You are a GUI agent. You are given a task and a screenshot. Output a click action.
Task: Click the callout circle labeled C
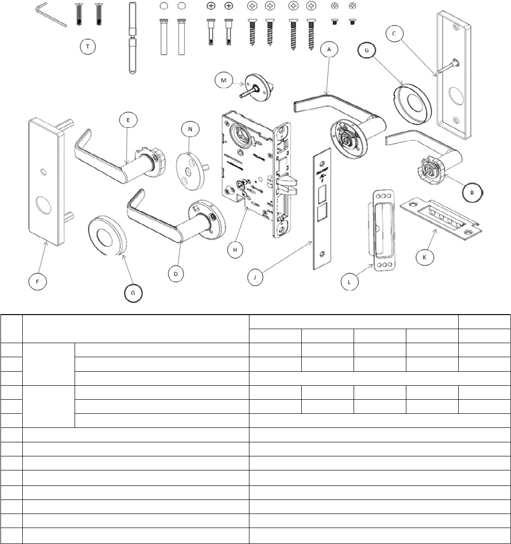click(x=394, y=33)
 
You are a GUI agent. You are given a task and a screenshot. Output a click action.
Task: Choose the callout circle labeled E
click(x=128, y=121)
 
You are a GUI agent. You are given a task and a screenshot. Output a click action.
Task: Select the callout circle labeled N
click(x=190, y=129)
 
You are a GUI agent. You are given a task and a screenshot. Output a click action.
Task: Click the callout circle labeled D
click(x=176, y=273)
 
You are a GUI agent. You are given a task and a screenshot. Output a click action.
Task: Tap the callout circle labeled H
click(x=235, y=249)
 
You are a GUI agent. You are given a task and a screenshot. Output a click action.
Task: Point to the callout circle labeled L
click(x=349, y=281)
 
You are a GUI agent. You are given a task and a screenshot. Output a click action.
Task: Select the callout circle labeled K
click(x=425, y=257)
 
